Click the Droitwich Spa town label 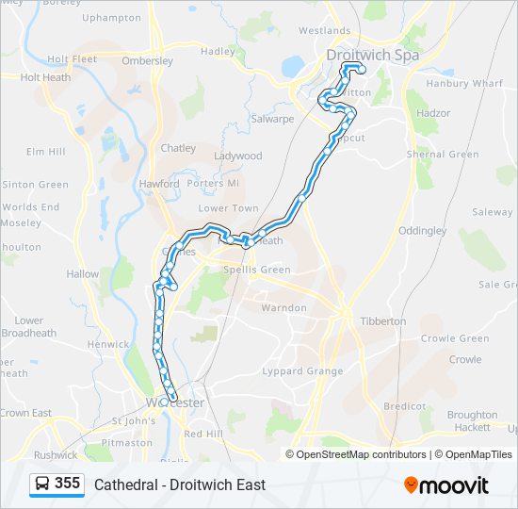pyautogui.click(x=371, y=55)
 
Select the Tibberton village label pyautogui.click(x=383, y=321)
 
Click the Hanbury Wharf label pyautogui.click(x=464, y=84)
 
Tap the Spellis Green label pyautogui.click(x=257, y=270)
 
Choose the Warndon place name pyautogui.click(x=283, y=308)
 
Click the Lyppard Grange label pyautogui.click(x=304, y=371)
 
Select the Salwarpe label pyautogui.click(x=273, y=120)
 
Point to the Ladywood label pyautogui.click(x=238, y=156)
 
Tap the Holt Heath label pyautogui.click(x=45, y=78)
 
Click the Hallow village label pyautogui.click(x=82, y=274)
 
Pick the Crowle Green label pyautogui.click(x=455, y=339)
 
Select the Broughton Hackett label pyautogui.click(x=472, y=421)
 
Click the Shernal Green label pyautogui.click(x=443, y=155)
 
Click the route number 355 pyautogui.click(x=68, y=484)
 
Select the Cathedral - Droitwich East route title pyautogui.click(x=180, y=484)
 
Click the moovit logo pyautogui.click(x=446, y=484)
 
